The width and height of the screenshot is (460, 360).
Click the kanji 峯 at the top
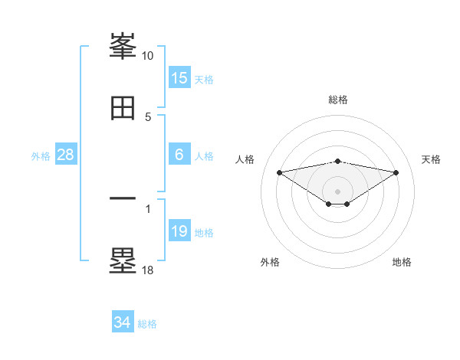[123, 47]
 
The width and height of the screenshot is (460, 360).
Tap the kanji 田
[123, 107]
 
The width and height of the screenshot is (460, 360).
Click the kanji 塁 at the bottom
[123, 260]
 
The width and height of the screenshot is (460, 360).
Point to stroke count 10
[148, 56]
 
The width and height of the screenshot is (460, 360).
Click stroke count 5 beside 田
[148, 117]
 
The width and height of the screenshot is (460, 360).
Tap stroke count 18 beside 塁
[148, 270]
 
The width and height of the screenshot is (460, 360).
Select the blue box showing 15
[179, 78]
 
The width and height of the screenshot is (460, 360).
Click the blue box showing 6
[179, 155]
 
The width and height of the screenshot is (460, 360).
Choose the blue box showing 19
[179, 231]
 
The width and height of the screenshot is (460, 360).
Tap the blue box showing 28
[66, 155]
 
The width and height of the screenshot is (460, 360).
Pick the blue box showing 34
[123, 323]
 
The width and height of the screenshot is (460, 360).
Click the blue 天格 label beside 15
[203, 80]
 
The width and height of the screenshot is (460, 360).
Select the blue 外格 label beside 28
[41, 156]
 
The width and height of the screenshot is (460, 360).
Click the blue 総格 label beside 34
[147, 325]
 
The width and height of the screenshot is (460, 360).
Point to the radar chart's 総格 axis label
[338, 100]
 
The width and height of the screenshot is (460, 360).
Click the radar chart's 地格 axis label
[402, 262]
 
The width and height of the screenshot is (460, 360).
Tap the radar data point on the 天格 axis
[396, 172]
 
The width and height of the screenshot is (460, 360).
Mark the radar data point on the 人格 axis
[280, 172]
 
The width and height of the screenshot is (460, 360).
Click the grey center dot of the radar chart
[338, 191]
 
